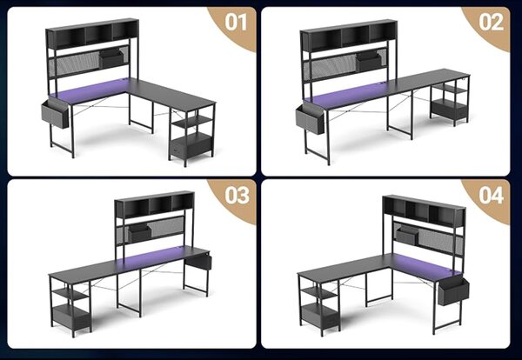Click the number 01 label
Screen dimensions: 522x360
tap(236, 23)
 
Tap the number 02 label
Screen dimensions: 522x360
tap(491, 23)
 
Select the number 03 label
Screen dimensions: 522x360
tap(237, 195)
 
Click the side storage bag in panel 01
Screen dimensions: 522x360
tap(55, 113)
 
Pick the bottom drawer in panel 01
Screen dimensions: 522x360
tap(191, 147)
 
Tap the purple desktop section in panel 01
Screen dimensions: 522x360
tap(90, 90)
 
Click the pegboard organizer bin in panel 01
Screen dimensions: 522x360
tap(111, 58)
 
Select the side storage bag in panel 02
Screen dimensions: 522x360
tap(310, 119)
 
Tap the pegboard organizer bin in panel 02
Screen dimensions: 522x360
tap(368, 61)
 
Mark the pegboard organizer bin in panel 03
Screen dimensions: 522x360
tap(140, 232)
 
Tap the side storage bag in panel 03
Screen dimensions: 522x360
tap(198, 262)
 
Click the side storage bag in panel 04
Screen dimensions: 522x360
tap(452, 291)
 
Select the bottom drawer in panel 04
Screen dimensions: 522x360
tap(319, 315)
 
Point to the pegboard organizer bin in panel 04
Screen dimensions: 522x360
tap(407, 236)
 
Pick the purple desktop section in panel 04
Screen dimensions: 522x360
tap(425, 264)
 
